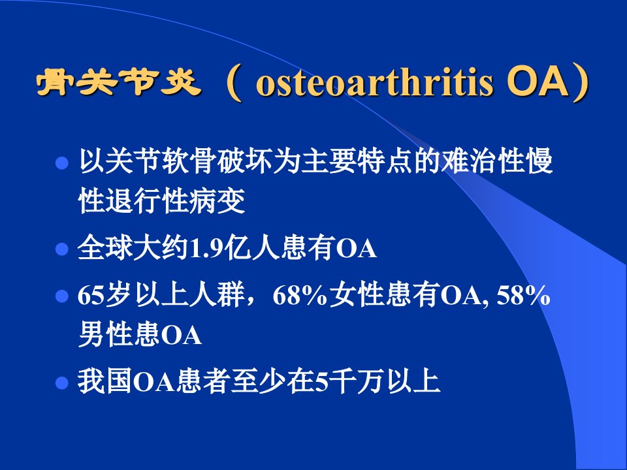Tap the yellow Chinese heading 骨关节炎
[x=119, y=83]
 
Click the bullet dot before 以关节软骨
[x=62, y=163]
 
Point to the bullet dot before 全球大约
[x=62, y=249]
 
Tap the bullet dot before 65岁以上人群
[x=62, y=296]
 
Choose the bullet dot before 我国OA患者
[x=62, y=383]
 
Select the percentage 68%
[x=300, y=296]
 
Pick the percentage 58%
[x=523, y=296]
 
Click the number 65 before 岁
[x=91, y=296]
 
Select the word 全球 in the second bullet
[x=105, y=248]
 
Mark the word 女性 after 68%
[x=357, y=295]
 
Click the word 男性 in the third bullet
[x=105, y=334]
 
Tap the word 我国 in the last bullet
[x=105, y=382]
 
